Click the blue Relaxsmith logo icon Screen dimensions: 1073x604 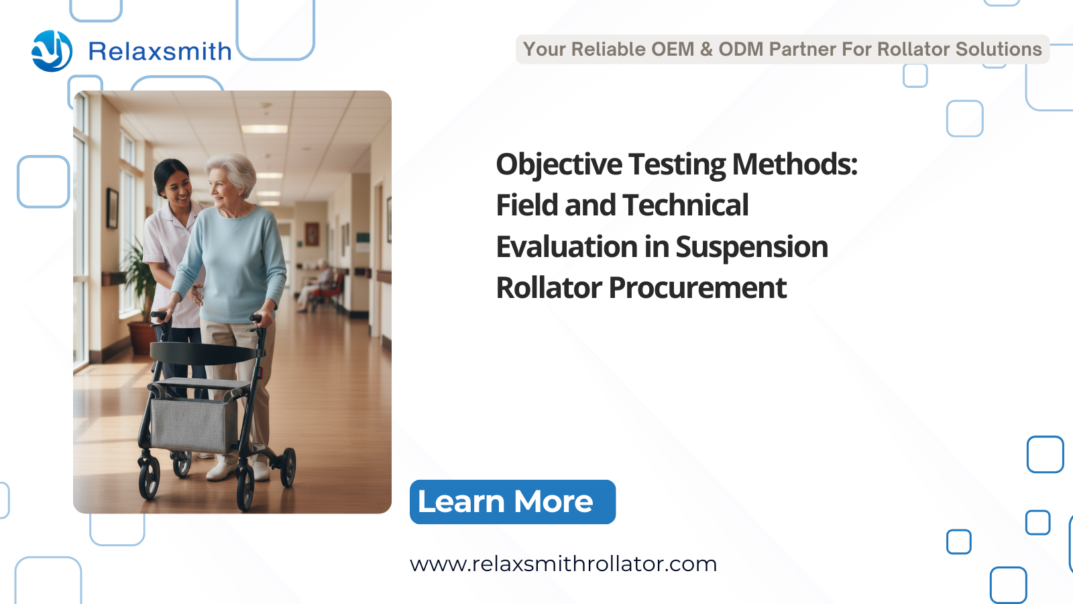[x=52, y=51]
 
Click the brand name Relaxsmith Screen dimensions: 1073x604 [x=160, y=51]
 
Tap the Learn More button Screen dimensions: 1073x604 [x=512, y=502]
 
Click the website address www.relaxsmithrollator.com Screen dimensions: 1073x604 [x=563, y=564]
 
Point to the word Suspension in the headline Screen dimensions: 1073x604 [x=752, y=248]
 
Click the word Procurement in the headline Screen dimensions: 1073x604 [x=697, y=289]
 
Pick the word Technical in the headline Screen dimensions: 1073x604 [x=685, y=205]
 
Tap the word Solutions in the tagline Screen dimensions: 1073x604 [x=999, y=49]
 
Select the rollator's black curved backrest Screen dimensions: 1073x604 [x=204, y=353]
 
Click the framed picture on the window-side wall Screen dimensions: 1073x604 [x=112, y=208]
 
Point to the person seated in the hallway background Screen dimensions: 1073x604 [x=318, y=286]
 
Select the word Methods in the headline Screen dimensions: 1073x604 [x=795, y=164]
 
